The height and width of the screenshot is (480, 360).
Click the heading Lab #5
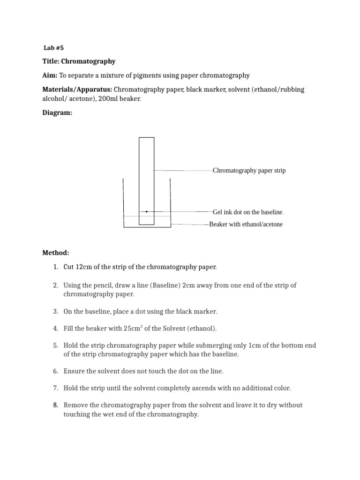click(x=53, y=47)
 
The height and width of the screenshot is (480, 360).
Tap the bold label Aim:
click(x=50, y=75)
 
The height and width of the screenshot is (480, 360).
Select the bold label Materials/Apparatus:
click(x=77, y=90)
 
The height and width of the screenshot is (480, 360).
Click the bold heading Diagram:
click(x=57, y=113)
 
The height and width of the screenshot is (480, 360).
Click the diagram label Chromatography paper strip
click(x=249, y=171)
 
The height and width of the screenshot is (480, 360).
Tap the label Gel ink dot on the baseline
click(x=248, y=212)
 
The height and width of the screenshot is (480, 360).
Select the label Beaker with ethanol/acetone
click(x=246, y=225)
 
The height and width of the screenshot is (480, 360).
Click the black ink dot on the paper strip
click(x=147, y=212)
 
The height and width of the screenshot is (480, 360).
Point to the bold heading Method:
click(x=56, y=253)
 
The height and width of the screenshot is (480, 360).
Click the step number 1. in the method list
click(x=55, y=267)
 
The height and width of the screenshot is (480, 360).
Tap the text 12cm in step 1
click(x=82, y=267)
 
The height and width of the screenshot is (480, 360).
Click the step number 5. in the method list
click(x=55, y=345)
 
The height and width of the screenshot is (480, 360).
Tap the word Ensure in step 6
click(x=74, y=371)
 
